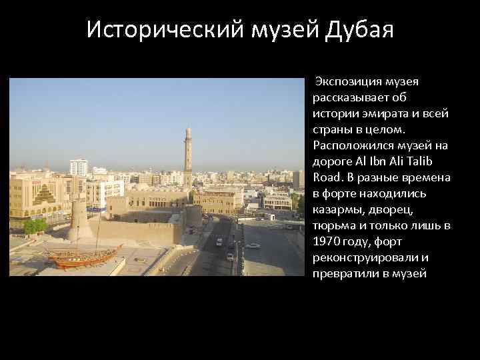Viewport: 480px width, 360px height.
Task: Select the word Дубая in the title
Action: tap(359, 30)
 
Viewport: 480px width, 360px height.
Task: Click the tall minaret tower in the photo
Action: tap(189, 157)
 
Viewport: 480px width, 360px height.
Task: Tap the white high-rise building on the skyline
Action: tap(79, 167)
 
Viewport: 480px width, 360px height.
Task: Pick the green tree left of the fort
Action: tap(35, 226)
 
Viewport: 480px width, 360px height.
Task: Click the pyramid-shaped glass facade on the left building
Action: tap(45, 194)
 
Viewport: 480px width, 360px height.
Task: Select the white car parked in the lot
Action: tap(253, 245)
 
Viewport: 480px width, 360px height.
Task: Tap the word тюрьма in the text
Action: tap(333, 225)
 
